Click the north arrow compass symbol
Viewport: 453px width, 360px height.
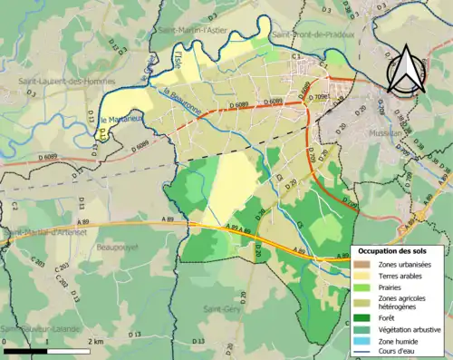point(406,70)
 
